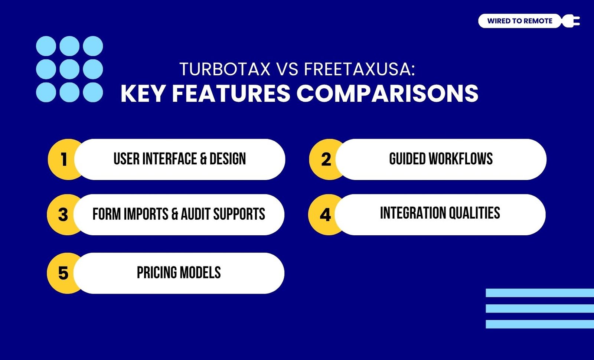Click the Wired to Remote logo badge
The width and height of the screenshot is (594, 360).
coord(520,21)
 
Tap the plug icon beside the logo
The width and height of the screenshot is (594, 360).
coord(571,21)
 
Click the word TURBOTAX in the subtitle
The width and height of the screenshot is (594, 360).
coord(225,69)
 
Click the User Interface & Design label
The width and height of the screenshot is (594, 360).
coord(180,159)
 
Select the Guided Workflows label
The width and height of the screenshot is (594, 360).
coord(441,159)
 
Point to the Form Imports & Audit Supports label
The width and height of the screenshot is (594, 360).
coord(179,214)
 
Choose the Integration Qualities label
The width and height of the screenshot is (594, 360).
coord(440,213)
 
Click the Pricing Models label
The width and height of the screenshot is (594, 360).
coord(179,272)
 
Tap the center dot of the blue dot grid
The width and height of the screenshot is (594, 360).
coord(69,69)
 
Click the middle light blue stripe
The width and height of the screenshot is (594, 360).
coord(540,308)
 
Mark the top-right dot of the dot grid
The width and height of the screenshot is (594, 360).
coord(93,46)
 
